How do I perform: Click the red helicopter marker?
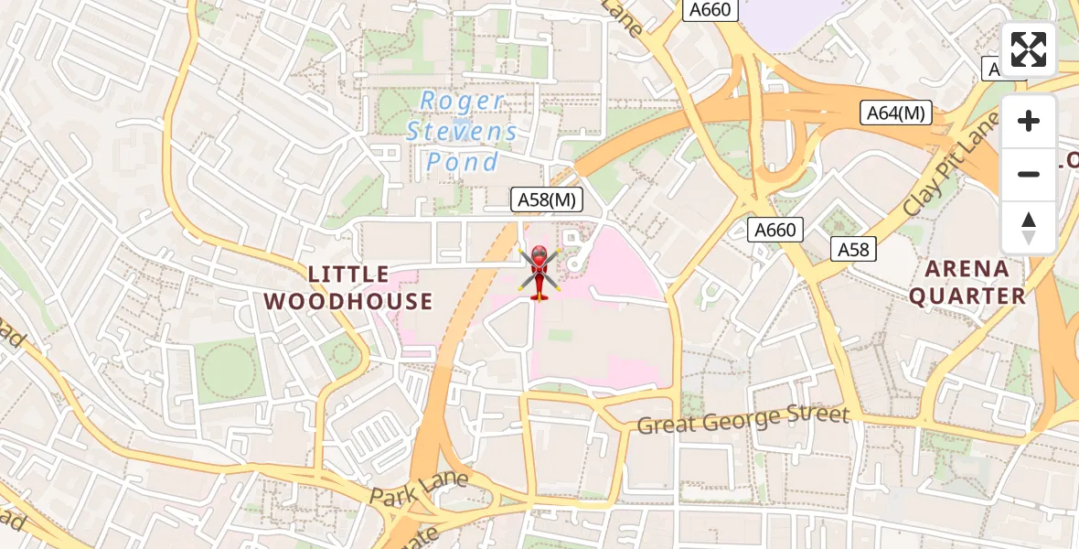pos(539,273)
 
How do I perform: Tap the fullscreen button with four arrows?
pos(1029,49)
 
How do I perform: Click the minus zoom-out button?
pos(1029,174)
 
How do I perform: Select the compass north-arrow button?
pos(1029,227)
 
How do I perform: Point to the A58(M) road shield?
pos(545,199)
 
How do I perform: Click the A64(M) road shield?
pos(895,113)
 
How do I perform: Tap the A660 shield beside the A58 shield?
pos(775,230)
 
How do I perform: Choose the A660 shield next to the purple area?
pos(710,9)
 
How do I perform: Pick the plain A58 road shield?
pos(854,248)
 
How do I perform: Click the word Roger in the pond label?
pos(462,102)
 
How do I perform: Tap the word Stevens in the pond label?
pos(462,132)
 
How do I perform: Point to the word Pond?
pos(463,163)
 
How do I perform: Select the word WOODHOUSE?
pos(348,301)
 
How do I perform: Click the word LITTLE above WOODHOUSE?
pos(348,274)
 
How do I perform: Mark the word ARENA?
pos(967,269)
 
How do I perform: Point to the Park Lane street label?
pos(420,487)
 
